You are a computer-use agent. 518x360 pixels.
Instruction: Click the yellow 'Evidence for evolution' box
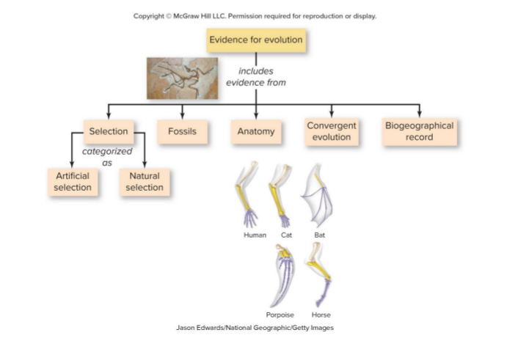(256, 40)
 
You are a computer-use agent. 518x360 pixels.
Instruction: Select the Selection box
(109, 131)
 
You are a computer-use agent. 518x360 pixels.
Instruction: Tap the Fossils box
(183, 131)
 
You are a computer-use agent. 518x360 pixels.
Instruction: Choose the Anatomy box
(256, 131)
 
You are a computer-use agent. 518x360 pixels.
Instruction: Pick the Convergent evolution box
(332, 132)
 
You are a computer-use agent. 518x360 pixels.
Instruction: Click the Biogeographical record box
(420, 132)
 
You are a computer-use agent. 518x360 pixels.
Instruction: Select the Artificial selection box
(73, 182)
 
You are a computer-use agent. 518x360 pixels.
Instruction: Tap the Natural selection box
(145, 182)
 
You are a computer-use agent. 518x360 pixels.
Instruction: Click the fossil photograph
(183, 78)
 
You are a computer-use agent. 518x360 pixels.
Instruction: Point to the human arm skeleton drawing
(247, 194)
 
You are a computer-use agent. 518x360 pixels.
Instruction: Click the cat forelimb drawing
(280, 196)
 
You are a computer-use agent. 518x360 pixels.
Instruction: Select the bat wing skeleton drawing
(317, 195)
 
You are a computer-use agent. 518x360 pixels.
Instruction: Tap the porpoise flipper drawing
(282, 276)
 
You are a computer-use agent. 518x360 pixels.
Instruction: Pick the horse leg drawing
(319, 275)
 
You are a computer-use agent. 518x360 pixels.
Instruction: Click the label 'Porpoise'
(280, 315)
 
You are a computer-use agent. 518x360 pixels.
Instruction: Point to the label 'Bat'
(319, 235)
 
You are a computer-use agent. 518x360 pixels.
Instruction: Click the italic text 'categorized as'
(107, 157)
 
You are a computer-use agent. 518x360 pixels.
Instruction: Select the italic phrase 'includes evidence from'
(256, 77)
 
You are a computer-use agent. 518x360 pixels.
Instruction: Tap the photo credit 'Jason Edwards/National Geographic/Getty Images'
(255, 328)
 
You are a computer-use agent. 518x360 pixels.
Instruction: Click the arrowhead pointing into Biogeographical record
(420, 114)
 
